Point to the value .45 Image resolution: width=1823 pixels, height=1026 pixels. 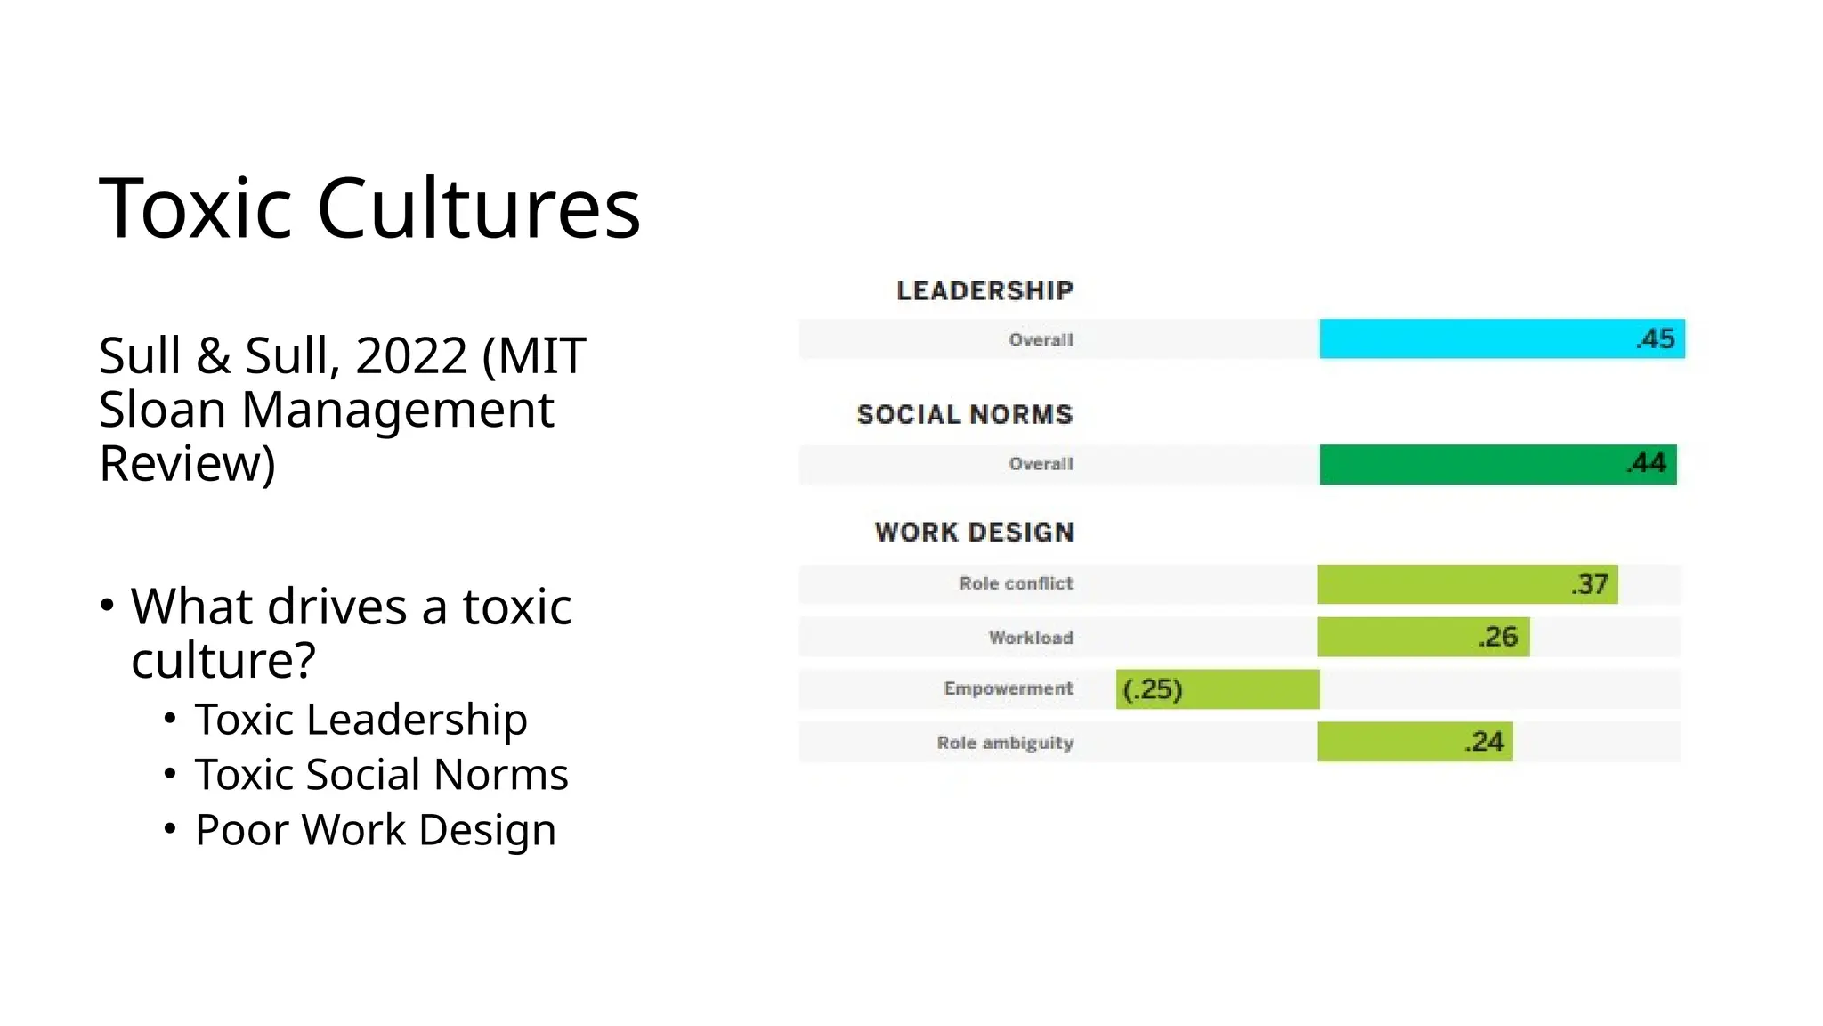point(1655,339)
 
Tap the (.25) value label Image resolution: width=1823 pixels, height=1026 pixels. point(1153,689)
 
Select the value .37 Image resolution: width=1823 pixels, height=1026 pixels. point(1589,584)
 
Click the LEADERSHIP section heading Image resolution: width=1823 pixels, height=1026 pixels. point(984,290)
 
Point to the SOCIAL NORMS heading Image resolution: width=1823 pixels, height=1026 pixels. point(965,414)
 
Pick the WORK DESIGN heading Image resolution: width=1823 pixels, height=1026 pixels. point(975,532)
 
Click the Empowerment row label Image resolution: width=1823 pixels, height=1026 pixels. point(1008,688)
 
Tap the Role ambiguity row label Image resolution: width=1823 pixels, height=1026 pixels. point(1004,743)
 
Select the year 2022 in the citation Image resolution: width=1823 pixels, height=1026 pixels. point(411,355)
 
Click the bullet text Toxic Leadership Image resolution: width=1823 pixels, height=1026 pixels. point(361,719)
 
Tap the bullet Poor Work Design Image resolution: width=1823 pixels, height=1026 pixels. point(375,829)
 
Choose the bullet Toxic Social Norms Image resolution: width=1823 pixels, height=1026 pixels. point(381,774)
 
